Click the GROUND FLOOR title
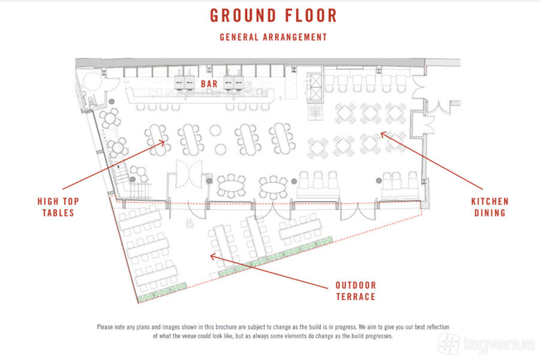[x=273, y=16]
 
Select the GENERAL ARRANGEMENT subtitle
[x=273, y=37]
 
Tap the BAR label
[x=209, y=84]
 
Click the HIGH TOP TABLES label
[x=58, y=207]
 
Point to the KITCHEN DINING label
[x=490, y=207]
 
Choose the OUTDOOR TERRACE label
[x=356, y=291]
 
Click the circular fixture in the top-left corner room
[x=92, y=82]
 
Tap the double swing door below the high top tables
[x=189, y=173]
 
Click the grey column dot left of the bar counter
[x=112, y=101]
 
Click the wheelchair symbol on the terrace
[x=189, y=224]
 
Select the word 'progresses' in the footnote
[x=379, y=336]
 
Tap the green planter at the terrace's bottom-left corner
[x=162, y=292]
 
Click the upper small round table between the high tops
[x=215, y=131]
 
